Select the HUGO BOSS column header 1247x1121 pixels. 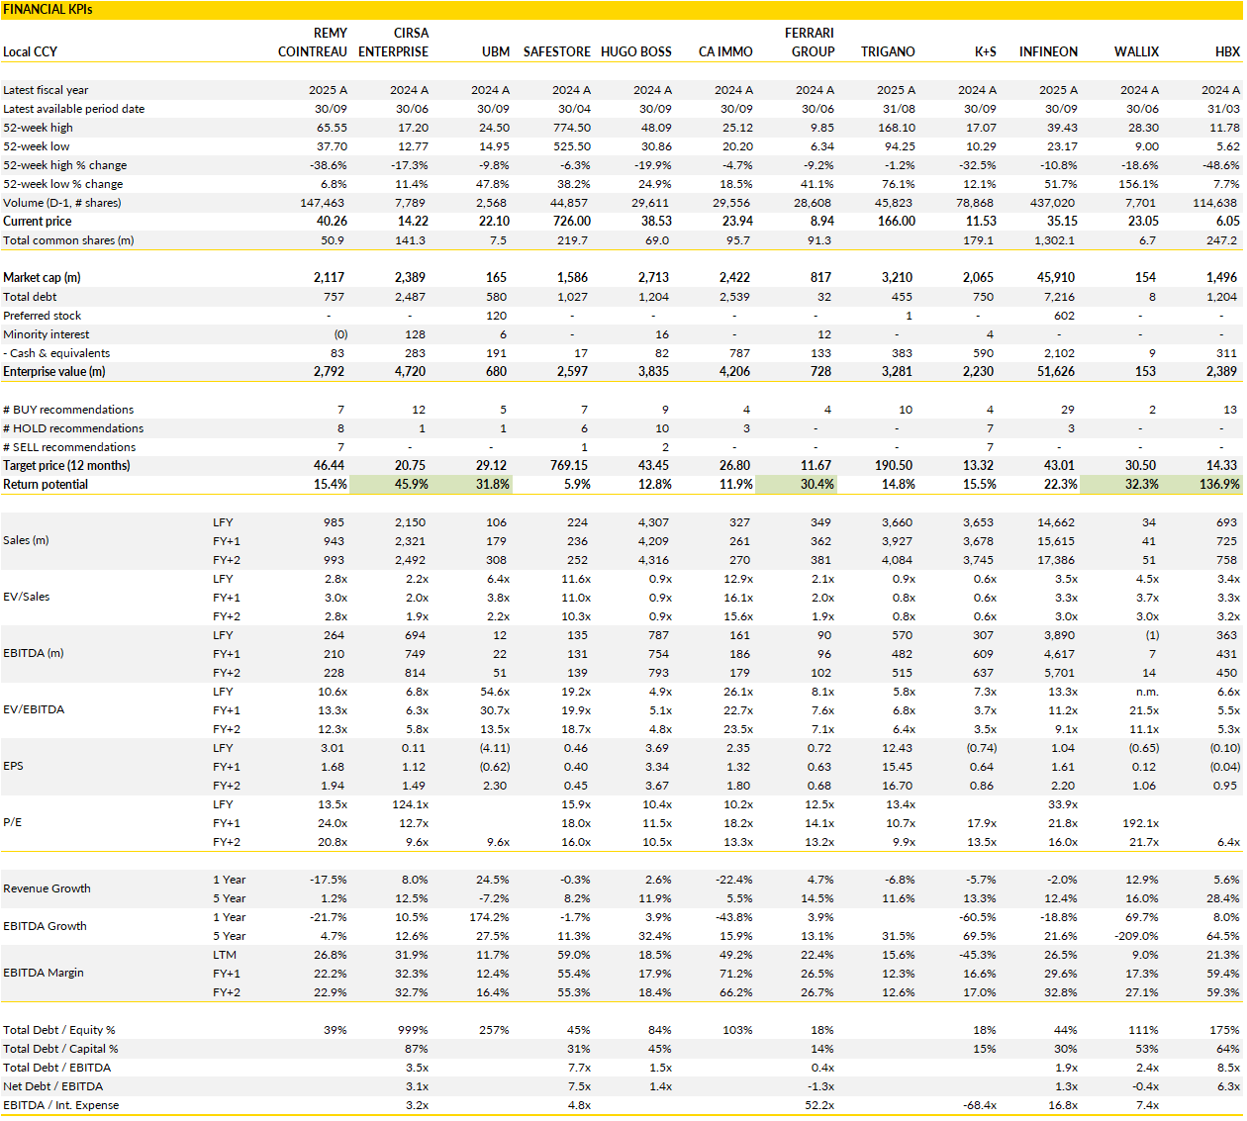pyautogui.click(x=635, y=51)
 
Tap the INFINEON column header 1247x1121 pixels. pyautogui.click(x=1048, y=51)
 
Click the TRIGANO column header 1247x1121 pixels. pyautogui.click(x=888, y=51)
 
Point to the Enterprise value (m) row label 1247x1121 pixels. pyautogui.click(x=54, y=372)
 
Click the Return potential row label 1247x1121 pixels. pyautogui.click(x=46, y=485)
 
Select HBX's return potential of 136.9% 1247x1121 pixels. pyautogui.click(x=1219, y=485)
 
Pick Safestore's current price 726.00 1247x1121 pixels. pyautogui.click(x=572, y=222)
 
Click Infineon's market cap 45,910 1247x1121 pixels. pyautogui.click(x=1055, y=278)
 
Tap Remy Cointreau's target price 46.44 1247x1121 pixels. pyautogui.click(x=329, y=466)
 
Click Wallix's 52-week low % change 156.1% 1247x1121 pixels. pyautogui.click(x=1138, y=184)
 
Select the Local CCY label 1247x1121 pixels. pyautogui.click(x=31, y=51)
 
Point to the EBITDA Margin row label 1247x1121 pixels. pyautogui.click(x=44, y=974)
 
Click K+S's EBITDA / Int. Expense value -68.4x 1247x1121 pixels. pyautogui.click(x=979, y=1105)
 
